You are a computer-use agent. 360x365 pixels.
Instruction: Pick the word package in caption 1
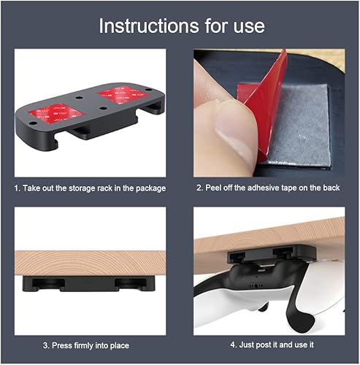148,188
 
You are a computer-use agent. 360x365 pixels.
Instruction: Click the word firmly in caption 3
84,345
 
